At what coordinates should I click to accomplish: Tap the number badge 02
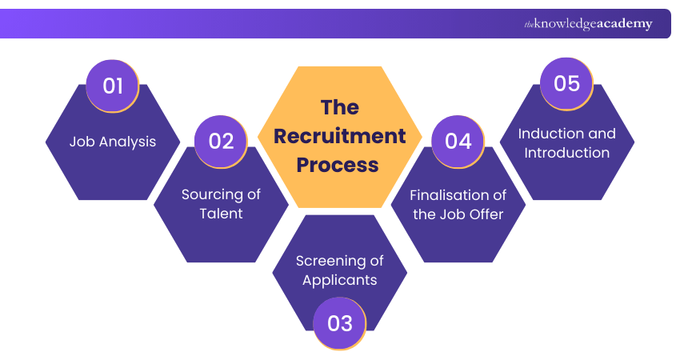click(221, 141)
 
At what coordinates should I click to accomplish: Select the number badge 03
click(340, 322)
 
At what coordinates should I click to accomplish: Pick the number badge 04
click(458, 141)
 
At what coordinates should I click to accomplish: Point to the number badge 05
click(566, 83)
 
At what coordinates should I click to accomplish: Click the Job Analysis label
click(113, 142)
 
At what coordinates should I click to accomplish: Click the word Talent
click(221, 214)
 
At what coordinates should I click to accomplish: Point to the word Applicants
click(340, 280)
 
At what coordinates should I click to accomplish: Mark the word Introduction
click(567, 153)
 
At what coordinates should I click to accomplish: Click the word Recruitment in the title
click(340, 136)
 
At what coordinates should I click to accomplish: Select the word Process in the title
click(340, 165)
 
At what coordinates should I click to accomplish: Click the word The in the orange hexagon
click(340, 107)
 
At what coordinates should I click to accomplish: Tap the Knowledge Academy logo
click(588, 24)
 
